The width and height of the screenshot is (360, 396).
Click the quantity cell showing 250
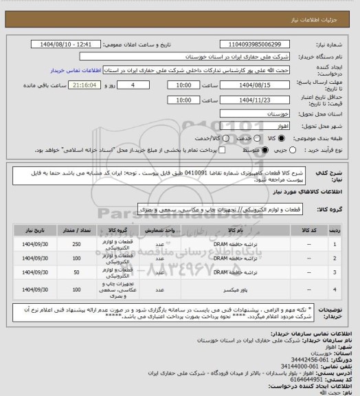pyautogui.click(x=76, y=244)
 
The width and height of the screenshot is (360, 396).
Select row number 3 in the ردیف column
pyautogui.click(x=334, y=273)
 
